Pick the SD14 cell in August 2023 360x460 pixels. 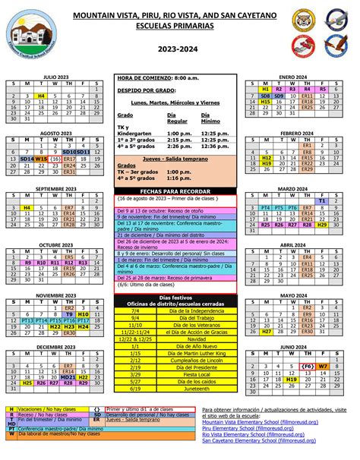[27, 159]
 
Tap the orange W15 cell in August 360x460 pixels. [41, 159]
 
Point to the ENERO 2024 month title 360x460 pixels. [292, 77]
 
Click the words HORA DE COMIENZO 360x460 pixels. [144, 77]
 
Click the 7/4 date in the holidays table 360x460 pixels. [135, 310]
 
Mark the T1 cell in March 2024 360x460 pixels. [322, 200]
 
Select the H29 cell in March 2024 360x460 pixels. [322, 225]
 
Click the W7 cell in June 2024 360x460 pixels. [322, 365]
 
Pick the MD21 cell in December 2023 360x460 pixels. [68, 377]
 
